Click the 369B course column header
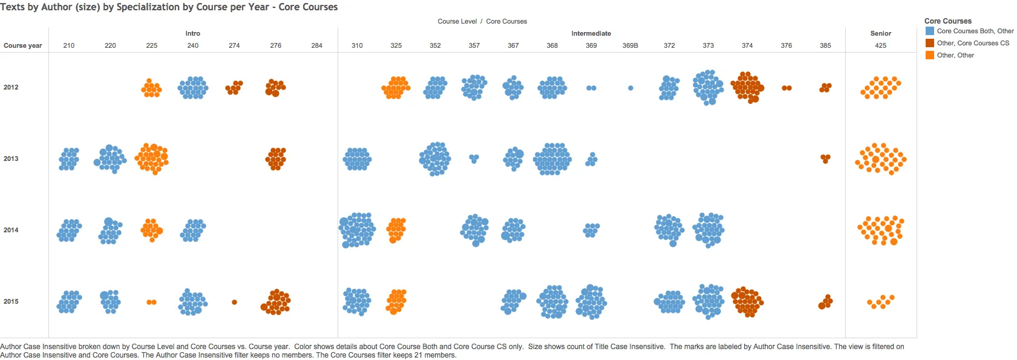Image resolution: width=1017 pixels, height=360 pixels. (x=630, y=45)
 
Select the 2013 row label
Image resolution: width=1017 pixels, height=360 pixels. (x=11, y=159)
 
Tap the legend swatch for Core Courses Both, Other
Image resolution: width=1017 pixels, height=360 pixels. (x=930, y=31)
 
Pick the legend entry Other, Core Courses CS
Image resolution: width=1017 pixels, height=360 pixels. (x=973, y=43)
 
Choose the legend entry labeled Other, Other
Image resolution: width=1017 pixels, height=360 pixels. (x=955, y=55)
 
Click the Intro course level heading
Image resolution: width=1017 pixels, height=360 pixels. (x=192, y=33)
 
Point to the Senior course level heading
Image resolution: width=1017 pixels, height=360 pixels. (x=880, y=33)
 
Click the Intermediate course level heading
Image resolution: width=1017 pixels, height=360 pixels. (x=590, y=33)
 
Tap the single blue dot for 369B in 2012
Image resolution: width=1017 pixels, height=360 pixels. (x=630, y=88)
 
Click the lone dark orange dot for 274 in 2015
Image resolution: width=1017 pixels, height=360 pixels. (x=234, y=302)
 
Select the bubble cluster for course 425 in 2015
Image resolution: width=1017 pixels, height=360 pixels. (x=880, y=301)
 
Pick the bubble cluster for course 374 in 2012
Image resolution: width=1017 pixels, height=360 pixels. (x=747, y=87)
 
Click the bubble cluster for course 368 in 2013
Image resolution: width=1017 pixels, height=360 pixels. (x=552, y=159)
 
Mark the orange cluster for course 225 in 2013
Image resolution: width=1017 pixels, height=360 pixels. (x=152, y=159)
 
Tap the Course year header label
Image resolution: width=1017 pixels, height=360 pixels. (x=23, y=45)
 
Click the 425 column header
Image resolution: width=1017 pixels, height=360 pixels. (x=880, y=45)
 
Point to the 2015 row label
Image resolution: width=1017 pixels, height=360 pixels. (x=11, y=301)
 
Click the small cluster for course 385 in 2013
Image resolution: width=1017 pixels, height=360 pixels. (x=825, y=159)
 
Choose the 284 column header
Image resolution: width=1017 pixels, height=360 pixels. (x=316, y=45)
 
